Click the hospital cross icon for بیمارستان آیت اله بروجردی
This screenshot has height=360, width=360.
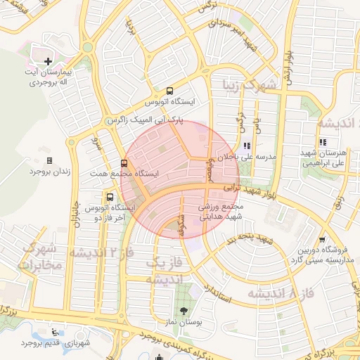pyautogui.click(x=48, y=62)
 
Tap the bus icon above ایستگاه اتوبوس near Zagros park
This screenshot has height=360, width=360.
pyautogui.click(x=169, y=91)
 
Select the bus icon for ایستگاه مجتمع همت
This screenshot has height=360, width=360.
pyautogui.click(x=124, y=162)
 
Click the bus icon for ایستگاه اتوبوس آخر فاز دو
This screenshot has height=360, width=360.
pyautogui.click(x=109, y=197)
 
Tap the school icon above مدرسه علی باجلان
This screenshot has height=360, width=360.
pyautogui.click(x=246, y=146)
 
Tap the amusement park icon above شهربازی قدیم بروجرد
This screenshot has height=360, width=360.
pyautogui.click(x=56, y=333)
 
